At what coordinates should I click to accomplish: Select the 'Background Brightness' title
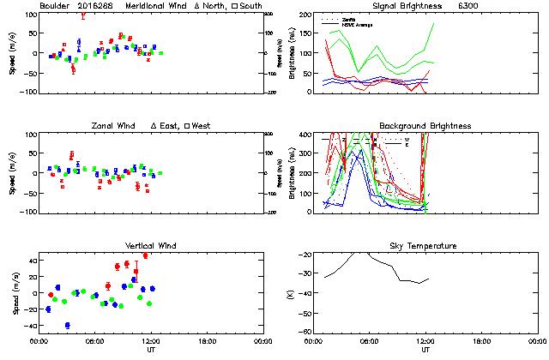point(425,126)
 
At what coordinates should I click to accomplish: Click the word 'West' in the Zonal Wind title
point(204,126)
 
